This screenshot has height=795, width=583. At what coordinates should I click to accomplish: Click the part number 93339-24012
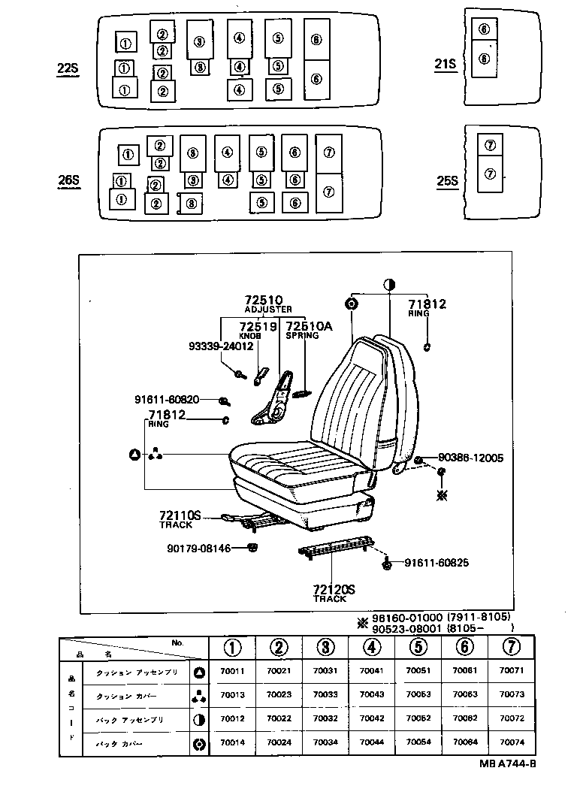tap(220, 346)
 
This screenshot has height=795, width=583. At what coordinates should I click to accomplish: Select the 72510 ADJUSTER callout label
tap(268, 304)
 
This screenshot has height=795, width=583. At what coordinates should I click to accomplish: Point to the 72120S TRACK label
tap(331, 594)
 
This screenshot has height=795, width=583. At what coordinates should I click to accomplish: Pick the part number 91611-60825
tap(436, 563)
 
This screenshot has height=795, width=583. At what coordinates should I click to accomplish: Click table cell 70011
tap(232, 671)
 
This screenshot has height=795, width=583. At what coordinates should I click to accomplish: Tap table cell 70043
tap(372, 695)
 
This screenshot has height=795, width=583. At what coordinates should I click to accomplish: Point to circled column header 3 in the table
tap(325, 647)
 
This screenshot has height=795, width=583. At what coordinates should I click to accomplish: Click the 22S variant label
tap(68, 69)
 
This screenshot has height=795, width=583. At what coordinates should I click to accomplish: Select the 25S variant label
tap(447, 180)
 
